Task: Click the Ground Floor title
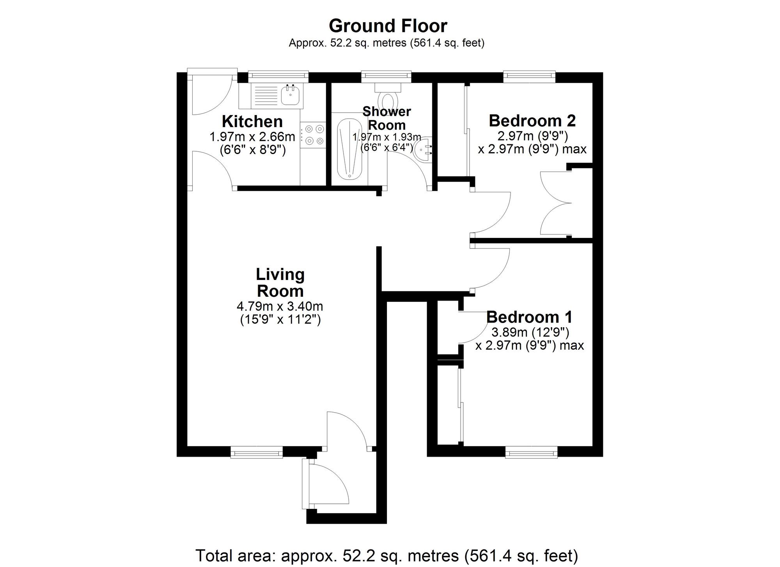pyautogui.click(x=388, y=26)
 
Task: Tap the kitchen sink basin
pyautogui.click(x=290, y=95)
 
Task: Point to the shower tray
pyautogui.click(x=349, y=149)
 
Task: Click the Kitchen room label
pyautogui.click(x=252, y=122)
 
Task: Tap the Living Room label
pyautogui.click(x=280, y=283)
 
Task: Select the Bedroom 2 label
pyautogui.click(x=532, y=120)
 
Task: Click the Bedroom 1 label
pyautogui.click(x=529, y=317)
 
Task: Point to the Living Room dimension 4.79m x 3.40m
pyautogui.click(x=280, y=306)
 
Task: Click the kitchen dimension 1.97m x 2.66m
pyautogui.click(x=252, y=137)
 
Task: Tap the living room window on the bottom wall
pyautogui.click(x=256, y=452)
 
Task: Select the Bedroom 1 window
pyautogui.click(x=531, y=452)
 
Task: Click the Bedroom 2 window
pyautogui.click(x=529, y=76)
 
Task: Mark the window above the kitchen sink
pyautogui.click(x=278, y=76)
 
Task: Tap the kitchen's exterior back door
pyautogui.click(x=212, y=94)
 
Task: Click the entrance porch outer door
pyautogui.click(x=327, y=484)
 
